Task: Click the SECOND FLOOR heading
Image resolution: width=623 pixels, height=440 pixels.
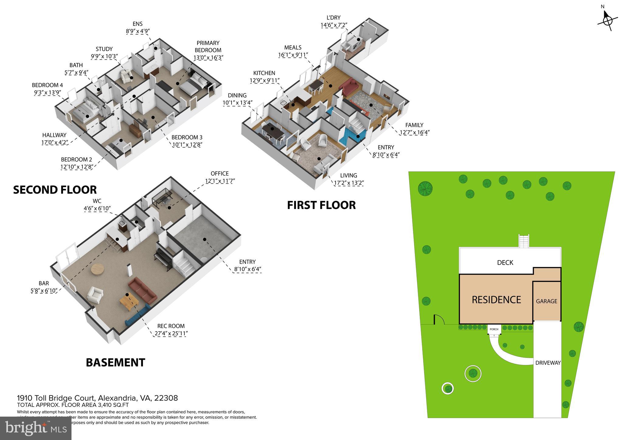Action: [55, 190]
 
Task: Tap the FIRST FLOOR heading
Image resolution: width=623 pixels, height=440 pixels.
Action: [321, 205]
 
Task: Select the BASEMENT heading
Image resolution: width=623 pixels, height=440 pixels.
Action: [115, 363]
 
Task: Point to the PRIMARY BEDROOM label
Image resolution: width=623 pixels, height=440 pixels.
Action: [208, 46]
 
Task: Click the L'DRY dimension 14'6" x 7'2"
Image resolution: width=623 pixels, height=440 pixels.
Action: [334, 26]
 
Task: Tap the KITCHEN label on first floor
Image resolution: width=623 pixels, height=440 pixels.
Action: [264, 73]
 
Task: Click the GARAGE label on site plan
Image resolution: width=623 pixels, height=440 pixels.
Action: [546, 301]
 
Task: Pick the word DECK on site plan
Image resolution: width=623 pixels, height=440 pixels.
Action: [505, 263]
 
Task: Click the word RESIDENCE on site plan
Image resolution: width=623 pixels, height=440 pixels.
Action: [496, 300]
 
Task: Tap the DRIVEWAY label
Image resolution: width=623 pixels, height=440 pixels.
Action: [548, 363]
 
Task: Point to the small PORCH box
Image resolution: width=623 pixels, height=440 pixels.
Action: [494, 329]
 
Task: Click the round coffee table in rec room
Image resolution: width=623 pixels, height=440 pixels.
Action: [98, 269]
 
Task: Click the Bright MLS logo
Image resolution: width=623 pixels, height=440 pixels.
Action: [36, 428]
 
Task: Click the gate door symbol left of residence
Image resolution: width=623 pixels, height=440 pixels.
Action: [439, 320]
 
